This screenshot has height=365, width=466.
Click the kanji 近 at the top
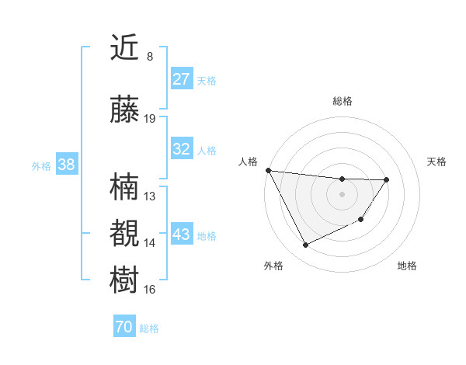click(126, 48)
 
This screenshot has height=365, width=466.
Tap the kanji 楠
click(126, 188)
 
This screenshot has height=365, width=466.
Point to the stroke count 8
click(150, 57)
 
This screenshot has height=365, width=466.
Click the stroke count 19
click(150, 119)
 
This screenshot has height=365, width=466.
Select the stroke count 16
click(150, 290)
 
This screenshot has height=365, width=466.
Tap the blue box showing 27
click(181, 79)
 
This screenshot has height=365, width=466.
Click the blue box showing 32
click(181, 149)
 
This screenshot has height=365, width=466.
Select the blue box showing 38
click(66, 165)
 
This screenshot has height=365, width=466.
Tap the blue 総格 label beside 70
click(149, 328)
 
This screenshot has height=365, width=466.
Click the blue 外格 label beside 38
click(41, 166)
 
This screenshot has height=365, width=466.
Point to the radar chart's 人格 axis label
click(249, 162)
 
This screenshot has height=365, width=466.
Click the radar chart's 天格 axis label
click(437, 162)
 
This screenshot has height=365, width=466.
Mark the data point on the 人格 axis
click(268, 170)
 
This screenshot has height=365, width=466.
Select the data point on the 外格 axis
click(305, 245)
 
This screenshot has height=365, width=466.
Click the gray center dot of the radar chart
click(342, 194)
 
